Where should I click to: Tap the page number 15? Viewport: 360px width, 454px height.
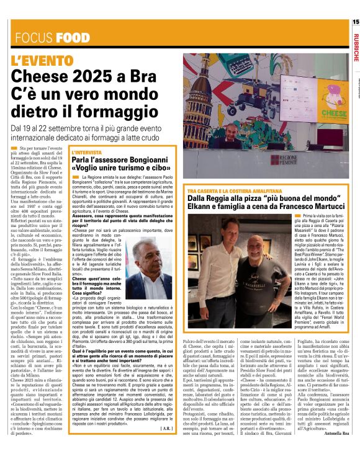point(354,22)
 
